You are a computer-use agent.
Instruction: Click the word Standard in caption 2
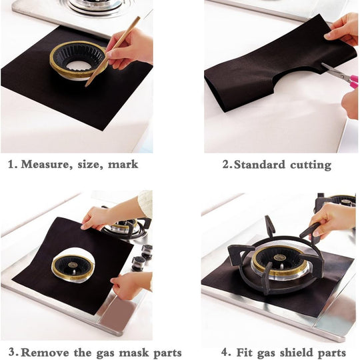coord(259,164)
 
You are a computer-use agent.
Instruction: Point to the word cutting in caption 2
coord(309,164)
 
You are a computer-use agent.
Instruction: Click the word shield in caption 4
coord(294,352)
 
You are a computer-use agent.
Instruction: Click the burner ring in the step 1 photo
coord(79,60)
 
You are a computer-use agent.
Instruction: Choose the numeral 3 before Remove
coord(13,352)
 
